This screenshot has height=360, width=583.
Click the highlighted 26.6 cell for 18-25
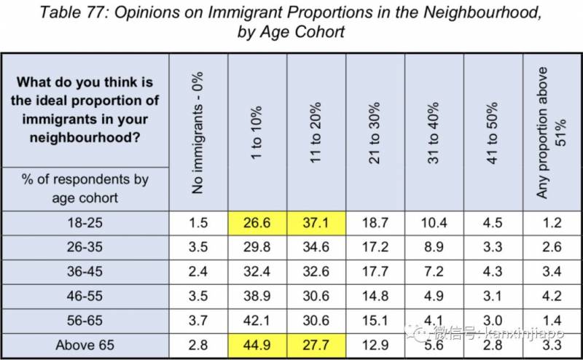point(257,223)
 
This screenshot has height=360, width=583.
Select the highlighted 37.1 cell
point(316,223)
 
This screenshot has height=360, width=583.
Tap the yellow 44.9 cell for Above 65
point(257,345)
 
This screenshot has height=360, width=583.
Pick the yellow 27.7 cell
point(316,345)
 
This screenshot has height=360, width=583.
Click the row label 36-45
point(85,272)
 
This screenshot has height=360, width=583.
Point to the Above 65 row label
point(85,345)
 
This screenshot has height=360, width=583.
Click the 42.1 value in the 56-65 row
point(257,321)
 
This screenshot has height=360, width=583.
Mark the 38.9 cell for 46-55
point(257,296)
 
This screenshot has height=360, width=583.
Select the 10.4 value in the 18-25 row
point(434,223)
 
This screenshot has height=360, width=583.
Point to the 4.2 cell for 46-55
point(552,296)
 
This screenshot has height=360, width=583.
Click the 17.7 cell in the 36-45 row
point(375,272)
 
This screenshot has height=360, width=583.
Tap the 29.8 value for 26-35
point(257,247)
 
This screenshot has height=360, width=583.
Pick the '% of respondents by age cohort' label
point(85,188)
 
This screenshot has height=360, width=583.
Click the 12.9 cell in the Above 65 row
point(375,345)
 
